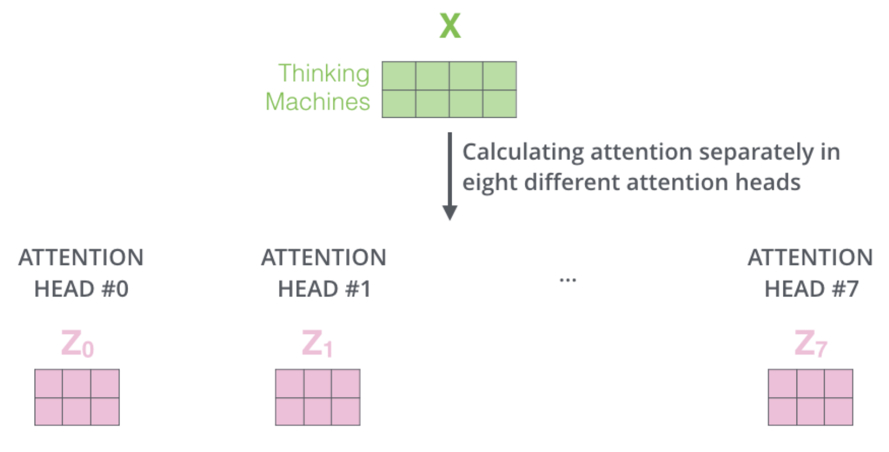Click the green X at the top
450,26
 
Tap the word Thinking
323,74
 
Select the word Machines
317,102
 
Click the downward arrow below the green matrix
449,176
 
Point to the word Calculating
523,152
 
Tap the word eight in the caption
489,183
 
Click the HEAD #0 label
81,289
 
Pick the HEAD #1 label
324,289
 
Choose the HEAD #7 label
811,289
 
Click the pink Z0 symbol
77,344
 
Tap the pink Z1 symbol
317,344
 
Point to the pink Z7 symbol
810,344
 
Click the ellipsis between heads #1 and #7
568,280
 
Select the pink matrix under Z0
77,397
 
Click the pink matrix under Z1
317,397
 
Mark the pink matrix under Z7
810,397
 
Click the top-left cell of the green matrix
399,76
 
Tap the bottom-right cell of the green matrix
500,103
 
